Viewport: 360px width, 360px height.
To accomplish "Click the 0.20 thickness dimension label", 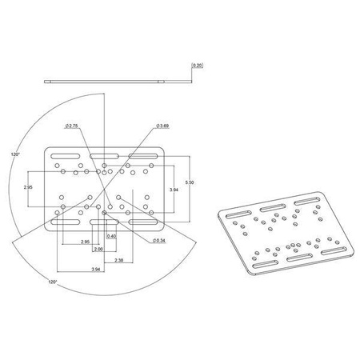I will pyautogui.click(x=198, y=66).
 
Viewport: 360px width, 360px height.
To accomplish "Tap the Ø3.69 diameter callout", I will pyautogui.click(x=162, y=126).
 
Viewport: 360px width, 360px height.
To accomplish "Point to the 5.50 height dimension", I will pyautogui.click(x=189, y=183).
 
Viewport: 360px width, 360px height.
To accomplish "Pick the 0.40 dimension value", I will pyautogui.click(x=112, y=237).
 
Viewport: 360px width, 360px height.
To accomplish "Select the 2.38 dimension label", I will pyautogui.click(x=118, y=260).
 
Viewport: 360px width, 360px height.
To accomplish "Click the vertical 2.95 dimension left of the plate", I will pyautogui.click(x=29, y=186).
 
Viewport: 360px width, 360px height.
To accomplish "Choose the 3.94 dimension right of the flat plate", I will pyautogui.click(x=173, y=189).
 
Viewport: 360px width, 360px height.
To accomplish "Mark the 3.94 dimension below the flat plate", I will pyautogui.click(x=96, y=270).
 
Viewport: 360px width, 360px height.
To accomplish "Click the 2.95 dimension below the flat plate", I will pyautogui.click(x=85, y=241).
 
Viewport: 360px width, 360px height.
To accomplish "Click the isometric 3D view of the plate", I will pyautogui.click(x=286, y=238).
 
